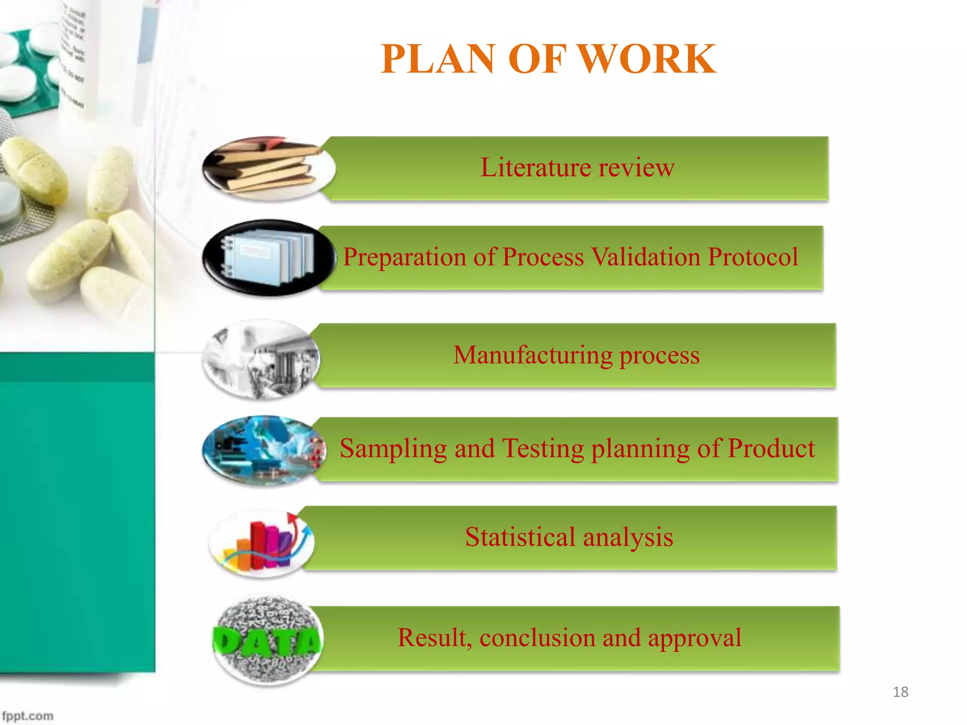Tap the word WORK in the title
(646, 59)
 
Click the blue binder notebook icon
(269, 257)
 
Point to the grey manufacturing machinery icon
(261, 359)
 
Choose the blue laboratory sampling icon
(264, 450)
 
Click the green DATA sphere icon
(267, 640)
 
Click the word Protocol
(753, 257)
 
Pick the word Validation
(645, 257)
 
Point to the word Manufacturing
(532, 355)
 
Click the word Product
(771, 448)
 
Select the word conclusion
(537, 638)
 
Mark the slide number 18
(900, 692)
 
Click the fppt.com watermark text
(27, 716)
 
